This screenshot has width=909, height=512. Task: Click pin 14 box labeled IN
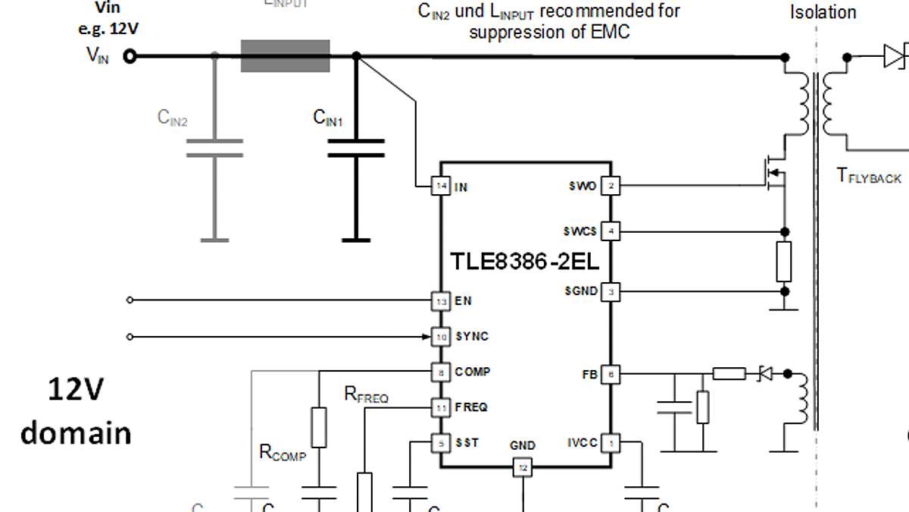click(440, 186)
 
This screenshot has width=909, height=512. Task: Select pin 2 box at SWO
click(611, 186)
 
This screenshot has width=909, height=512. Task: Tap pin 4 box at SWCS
click(611, 231)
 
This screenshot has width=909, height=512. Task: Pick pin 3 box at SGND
click(611, 291)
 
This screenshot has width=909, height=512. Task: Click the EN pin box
click(440, 301)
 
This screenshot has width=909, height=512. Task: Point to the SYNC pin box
click(440, 336)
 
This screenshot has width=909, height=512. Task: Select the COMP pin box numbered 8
click(440, 372)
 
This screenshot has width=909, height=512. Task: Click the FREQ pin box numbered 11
click(440, 407)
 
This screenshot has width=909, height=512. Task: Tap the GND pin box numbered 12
click(523, 468)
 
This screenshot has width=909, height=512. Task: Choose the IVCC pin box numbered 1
click(611, 443)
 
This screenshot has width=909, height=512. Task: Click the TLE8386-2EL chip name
click(525, 262)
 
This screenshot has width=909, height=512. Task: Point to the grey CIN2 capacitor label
click(172, 118)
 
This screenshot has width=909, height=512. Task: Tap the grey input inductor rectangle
click(285, 56)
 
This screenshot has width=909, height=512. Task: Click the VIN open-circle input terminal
click(130, 56)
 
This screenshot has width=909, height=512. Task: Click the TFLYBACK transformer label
click(869, 176)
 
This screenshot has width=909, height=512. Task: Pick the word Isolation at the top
click(823, 13)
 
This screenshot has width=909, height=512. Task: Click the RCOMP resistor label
click(283, 453)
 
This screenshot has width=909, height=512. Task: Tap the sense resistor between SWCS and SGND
click(784, 262)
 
